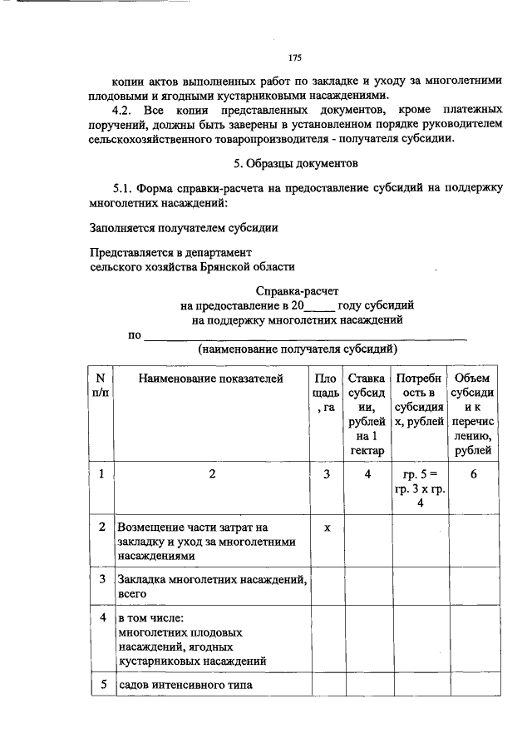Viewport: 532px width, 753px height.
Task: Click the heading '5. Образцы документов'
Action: pyautogui.click(x=294, y=163)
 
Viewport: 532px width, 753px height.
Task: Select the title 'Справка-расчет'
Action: pyautogui.click(x=297, y=290)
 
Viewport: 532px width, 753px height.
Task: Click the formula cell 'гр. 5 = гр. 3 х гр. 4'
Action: pyautogui.click(x=420, y=489)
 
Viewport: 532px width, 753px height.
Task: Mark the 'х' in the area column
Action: pyautogui.click(x=328, y=528)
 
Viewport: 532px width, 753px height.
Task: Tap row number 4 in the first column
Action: pyautogui.click(x=101, y=618)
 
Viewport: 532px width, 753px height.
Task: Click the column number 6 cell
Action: pyautogui.click(x=472, y=474)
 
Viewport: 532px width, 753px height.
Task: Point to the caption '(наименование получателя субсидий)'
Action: pyautogui.click(x=297, y=349)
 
